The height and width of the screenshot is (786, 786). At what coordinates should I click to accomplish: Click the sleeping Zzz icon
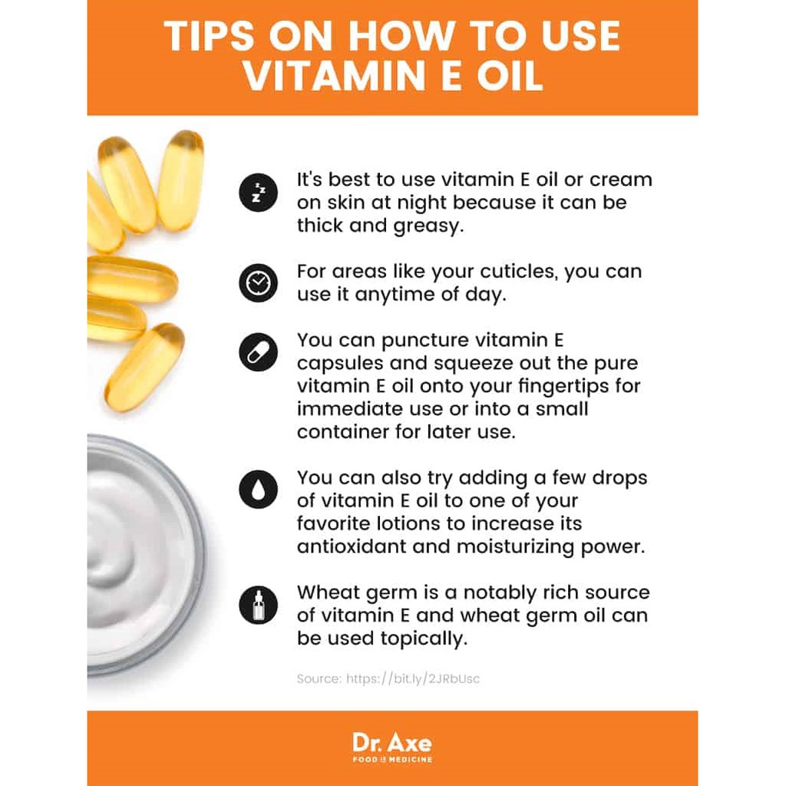(258, 193)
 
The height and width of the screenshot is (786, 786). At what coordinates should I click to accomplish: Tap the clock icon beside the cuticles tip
(258, 282)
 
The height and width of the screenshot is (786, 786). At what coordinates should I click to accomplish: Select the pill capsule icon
(258, 352)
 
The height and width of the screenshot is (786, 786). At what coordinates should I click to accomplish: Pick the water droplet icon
(258, 489)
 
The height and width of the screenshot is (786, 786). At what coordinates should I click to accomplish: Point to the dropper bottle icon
(258, 605)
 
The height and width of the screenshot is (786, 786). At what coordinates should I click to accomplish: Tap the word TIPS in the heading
(209, 36)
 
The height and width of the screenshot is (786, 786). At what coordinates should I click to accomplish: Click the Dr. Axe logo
(392, 748)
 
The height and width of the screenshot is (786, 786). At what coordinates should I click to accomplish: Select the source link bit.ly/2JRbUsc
(413, 679)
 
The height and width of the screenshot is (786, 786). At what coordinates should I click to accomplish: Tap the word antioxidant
(352, 546)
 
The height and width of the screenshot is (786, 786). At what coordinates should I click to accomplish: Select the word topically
(424, 639)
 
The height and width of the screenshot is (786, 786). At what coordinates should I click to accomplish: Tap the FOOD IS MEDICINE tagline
(392, 759)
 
